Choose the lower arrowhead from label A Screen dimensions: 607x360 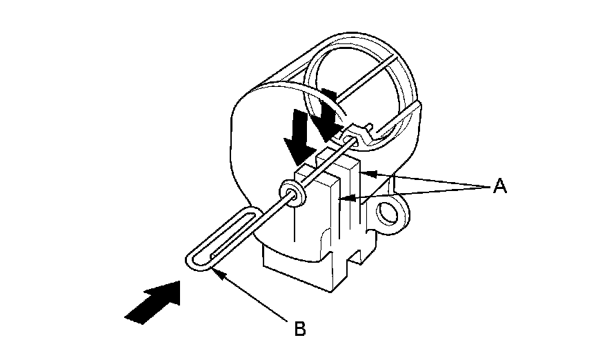[x=343, y=200]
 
